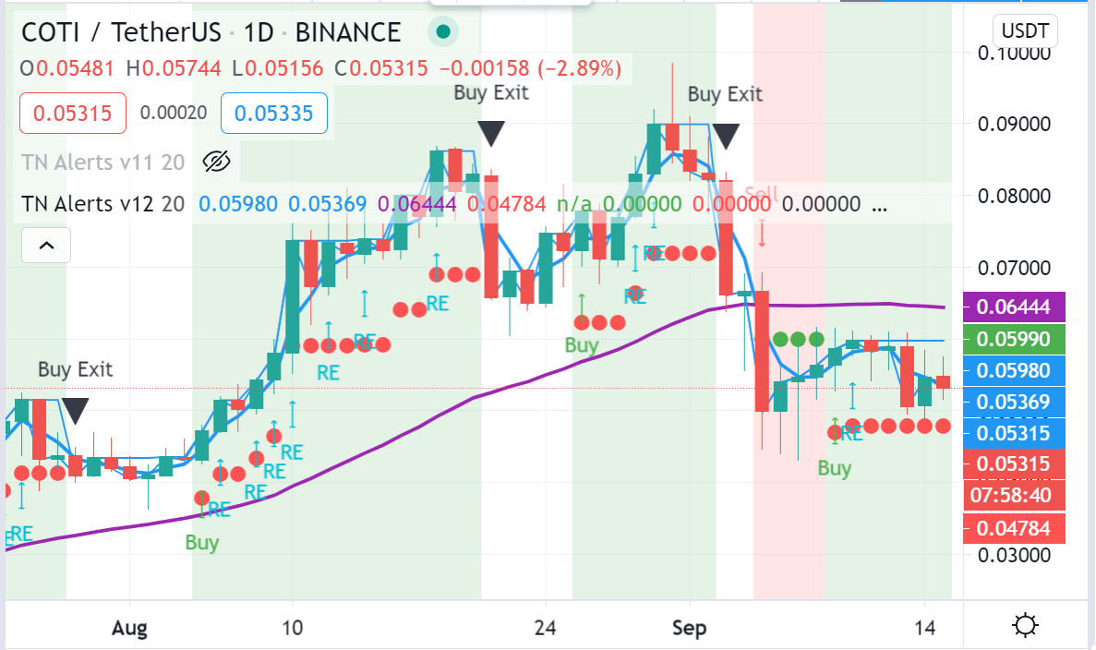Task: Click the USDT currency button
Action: (x=1025, y=31)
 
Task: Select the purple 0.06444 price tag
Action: (x=1015, y=306)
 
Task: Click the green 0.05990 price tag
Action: (x=1015, y=339)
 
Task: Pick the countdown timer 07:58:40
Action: (x=1015, y=496)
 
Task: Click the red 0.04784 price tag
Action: (x=1015, y=529)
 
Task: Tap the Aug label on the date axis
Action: (x=130, y=628)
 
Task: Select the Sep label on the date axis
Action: (x=689, y=628)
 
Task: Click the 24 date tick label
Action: (x=546, y=628)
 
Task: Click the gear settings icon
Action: (x=1025, y=627)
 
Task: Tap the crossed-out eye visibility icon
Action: (x=215, y=162)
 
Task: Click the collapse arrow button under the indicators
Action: (x=45, y=246)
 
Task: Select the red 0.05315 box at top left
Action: (x=72, y=114)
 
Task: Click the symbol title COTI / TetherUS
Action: (x=121, y=33)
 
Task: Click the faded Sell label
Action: (x=762, y=195)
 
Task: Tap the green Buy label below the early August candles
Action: (x=201, y=542)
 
